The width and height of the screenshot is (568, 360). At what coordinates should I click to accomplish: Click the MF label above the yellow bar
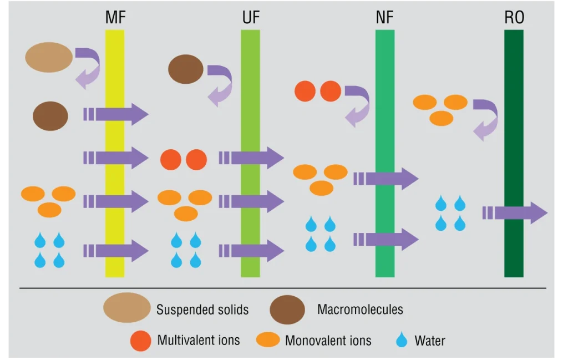click(x=115, y=18)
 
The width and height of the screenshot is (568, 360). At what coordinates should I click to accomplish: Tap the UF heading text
click(x=251, y=18)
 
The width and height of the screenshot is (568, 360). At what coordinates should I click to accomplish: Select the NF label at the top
click(x=384, y=18)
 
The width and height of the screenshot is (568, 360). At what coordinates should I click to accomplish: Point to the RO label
click(x=514, y=18)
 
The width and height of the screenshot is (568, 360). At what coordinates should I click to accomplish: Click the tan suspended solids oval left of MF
click(x=49, y=57)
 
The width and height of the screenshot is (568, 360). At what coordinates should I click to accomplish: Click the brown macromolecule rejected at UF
click(x=186, y=69)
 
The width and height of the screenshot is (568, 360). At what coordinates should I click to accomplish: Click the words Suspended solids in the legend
click(x=202, y=309)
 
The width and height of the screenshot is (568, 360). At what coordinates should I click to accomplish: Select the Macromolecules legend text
click(x=360, y=309)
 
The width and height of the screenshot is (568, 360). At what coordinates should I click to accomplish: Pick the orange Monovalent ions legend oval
click(x=268, y=340)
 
